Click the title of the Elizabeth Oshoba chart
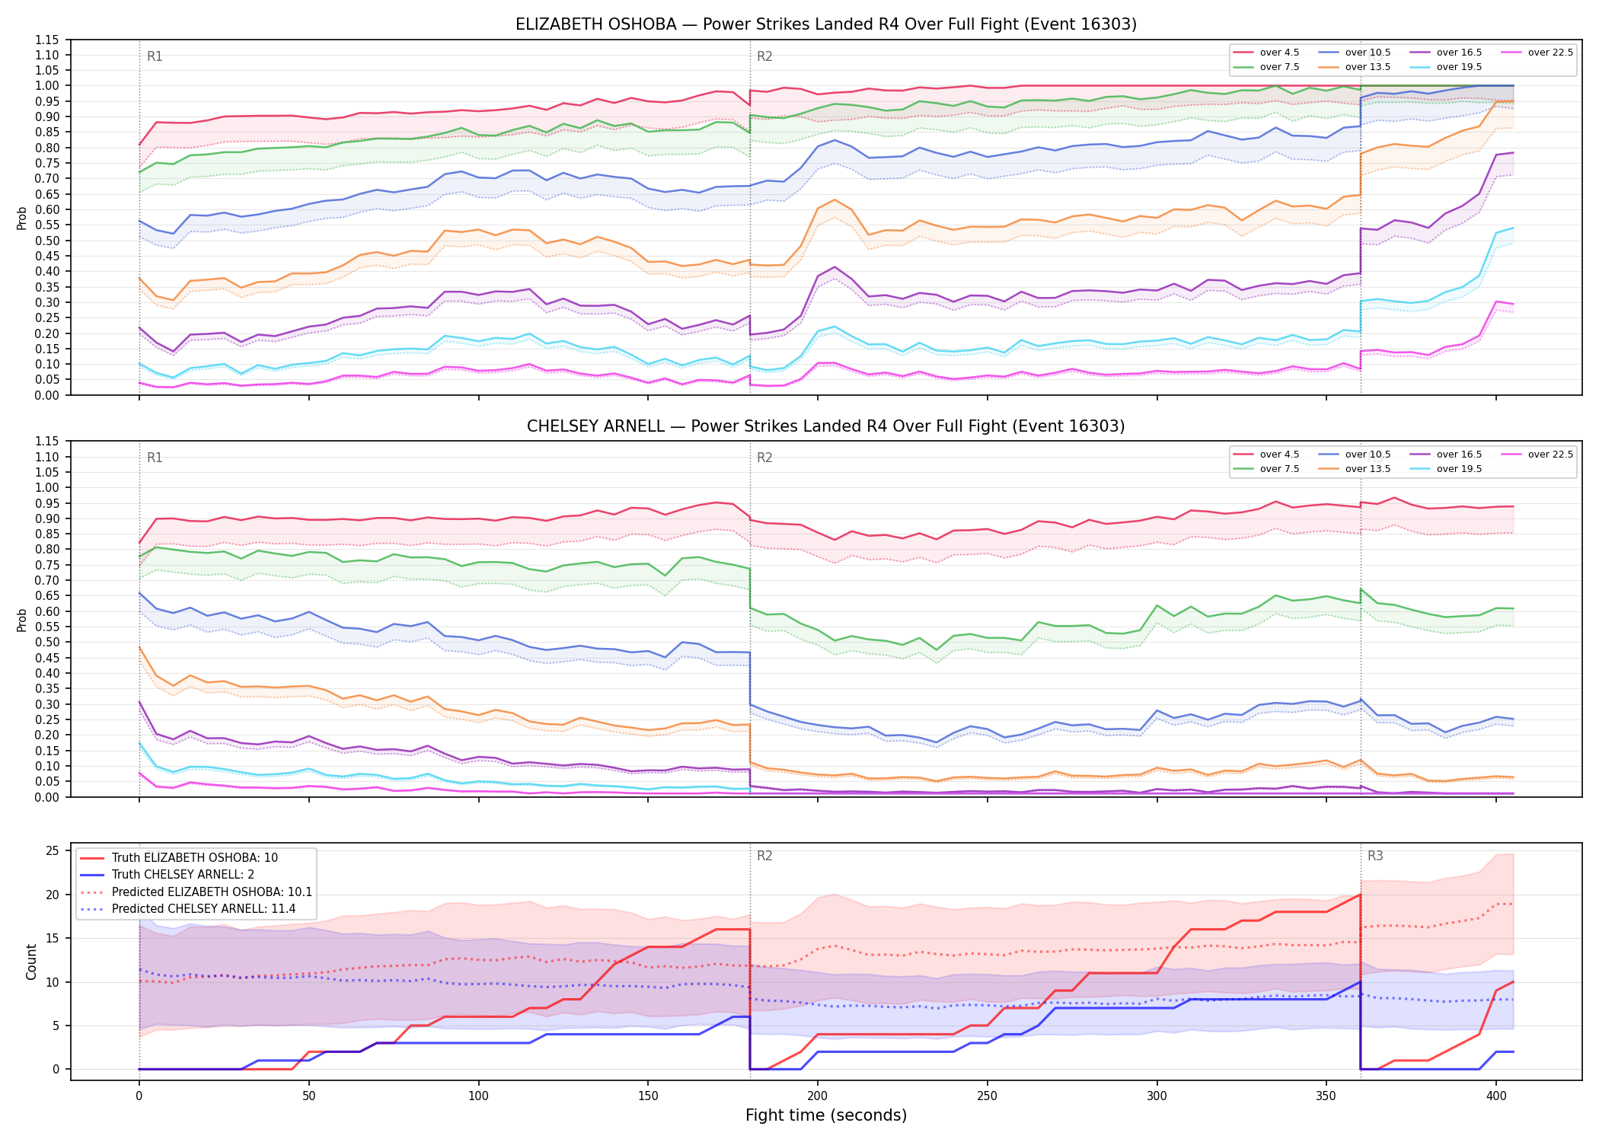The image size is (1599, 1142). point(826,24)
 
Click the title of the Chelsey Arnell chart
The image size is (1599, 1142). point(826,426)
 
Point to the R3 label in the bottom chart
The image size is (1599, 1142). point(1375,856)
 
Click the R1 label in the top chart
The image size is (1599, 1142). point(155,56)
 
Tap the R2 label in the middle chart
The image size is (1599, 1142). point(764,458)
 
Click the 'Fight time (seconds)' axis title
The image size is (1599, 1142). point(826,1115)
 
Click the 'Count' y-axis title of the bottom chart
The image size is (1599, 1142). point(31,962)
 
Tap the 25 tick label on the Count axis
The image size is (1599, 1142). point(53,850)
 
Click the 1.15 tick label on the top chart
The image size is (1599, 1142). point(47,40)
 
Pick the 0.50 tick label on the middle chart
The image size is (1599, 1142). point(47,642)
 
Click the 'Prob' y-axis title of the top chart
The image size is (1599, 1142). point(22,218)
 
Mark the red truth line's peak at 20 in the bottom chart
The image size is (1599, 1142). point(1360,895)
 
